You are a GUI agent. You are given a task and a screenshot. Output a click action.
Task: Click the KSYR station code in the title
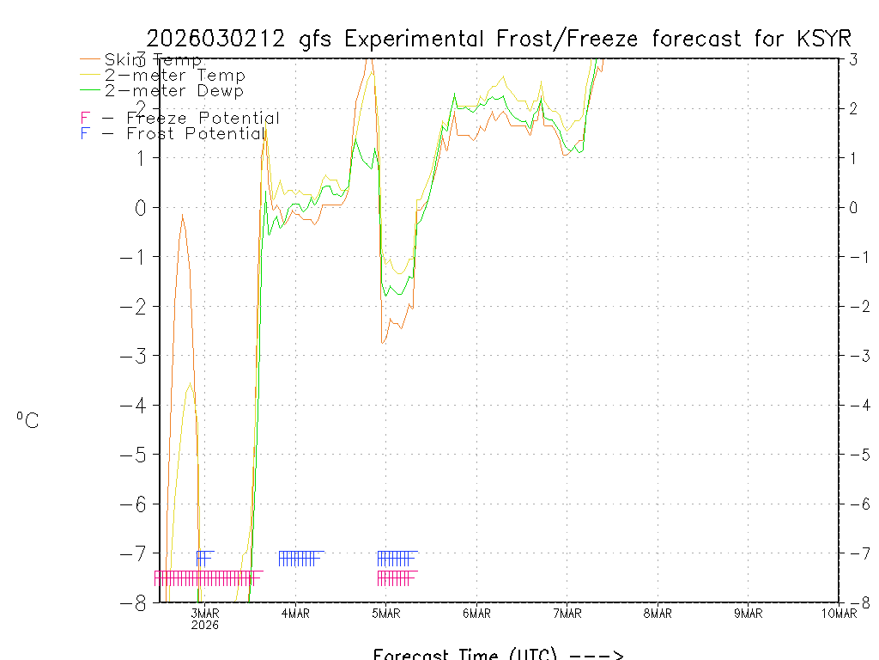[x=823, y=39]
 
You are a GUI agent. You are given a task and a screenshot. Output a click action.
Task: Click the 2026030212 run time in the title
[x=221, y=39]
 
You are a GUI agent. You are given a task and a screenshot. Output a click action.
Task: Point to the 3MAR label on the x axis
[x=205, y=613]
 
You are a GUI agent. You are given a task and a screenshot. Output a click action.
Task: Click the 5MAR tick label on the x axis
[x=386, y=613]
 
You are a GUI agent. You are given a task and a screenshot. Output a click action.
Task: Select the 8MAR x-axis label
[x=658, y=613]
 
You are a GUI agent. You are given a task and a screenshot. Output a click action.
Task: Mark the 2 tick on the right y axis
[x=853, y=108]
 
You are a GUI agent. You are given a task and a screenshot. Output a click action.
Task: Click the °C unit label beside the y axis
[x=27, y=420]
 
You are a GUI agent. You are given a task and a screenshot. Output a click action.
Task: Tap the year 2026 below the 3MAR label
[x=205, y=625]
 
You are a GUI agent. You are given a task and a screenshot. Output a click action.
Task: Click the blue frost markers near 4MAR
[x=300, y=559]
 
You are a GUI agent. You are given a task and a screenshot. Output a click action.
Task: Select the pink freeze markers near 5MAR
[x=396, y=578]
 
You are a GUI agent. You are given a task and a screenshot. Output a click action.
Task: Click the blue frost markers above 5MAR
[x=396, y=559]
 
